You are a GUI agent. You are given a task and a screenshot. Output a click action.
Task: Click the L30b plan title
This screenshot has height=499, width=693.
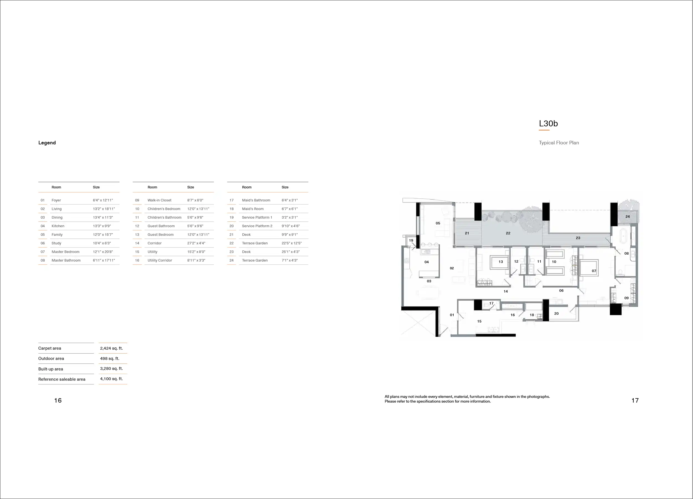click(548, 124)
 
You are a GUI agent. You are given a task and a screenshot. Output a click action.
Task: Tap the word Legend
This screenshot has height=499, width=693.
click(47, 143)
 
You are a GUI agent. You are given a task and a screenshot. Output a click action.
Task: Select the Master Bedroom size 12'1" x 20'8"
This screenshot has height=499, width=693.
click(103, 252)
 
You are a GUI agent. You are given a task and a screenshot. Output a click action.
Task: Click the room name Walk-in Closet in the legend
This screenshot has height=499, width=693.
click(160, 200)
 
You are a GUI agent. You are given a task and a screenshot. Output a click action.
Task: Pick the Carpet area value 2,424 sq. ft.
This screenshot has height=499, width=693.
click(111, 348)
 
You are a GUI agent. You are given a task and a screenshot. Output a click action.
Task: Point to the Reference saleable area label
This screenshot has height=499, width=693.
click(62, 379)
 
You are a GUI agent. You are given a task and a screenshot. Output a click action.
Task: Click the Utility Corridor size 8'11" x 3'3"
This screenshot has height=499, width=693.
click(196, 260)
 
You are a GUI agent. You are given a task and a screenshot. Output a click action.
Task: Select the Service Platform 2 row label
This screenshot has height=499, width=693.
click(257, 226)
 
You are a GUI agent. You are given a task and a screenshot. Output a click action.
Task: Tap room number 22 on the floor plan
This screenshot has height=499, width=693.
click(508, 233)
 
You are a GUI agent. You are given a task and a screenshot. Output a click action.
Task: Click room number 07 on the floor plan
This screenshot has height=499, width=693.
click(594, 271)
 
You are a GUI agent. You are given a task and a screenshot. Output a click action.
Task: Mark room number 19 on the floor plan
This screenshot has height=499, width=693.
click(411, 240)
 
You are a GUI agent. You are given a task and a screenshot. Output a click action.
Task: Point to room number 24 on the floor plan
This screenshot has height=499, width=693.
click(628, 216)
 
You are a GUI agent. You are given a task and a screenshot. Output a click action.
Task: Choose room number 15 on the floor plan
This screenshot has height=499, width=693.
click(479, 321)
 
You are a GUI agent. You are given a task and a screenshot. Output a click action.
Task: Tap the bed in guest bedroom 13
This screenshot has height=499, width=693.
click(500, 262)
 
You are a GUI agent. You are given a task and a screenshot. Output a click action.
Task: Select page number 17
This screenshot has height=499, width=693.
click(635, 400)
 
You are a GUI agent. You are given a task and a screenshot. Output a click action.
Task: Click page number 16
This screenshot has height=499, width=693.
click(58, 400)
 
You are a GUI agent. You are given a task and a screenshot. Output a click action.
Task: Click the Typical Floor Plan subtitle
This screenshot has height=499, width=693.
click(559, 143)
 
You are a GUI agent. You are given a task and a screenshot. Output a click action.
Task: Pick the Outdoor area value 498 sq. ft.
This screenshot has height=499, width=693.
click(110, 359)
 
